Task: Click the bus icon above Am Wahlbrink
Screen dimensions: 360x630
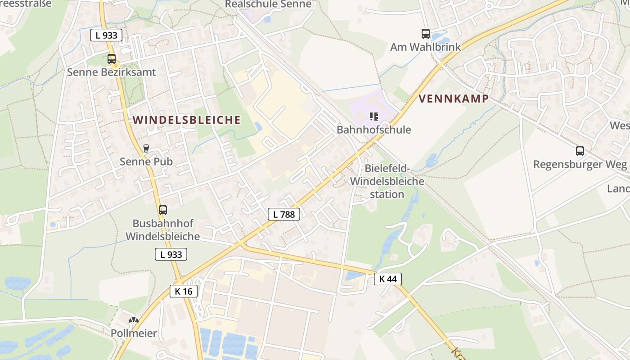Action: pos(425,33)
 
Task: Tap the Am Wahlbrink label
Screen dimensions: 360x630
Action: pos(425,47)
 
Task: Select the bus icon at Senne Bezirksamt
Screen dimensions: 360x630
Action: pos(112,58)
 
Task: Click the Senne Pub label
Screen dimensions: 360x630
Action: pos(146,161)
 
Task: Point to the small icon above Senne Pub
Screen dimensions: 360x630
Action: pos(146,148)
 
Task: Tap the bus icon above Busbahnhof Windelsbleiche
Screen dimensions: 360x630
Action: pos(163,210)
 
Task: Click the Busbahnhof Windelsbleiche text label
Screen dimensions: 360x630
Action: pos(162,230)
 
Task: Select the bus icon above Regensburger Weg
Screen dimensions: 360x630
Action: pos(580,151)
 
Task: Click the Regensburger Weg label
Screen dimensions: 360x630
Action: pos(580,164)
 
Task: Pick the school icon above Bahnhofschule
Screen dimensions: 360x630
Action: pos(373,117)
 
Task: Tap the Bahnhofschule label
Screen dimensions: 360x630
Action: pos(373,130)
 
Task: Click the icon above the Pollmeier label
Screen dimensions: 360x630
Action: pos(134,320)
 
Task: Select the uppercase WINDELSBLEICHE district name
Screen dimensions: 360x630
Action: pos(187,120)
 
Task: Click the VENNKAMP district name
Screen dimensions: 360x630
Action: pos(454,99)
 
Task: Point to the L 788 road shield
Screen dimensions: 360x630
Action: pos(284,214)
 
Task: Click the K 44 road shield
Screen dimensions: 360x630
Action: pos(387,279)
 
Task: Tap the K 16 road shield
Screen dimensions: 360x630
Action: pos(184,291)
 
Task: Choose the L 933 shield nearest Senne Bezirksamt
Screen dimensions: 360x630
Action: pos(106,35)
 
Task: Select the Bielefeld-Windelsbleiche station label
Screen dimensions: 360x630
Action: pos(387,181)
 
